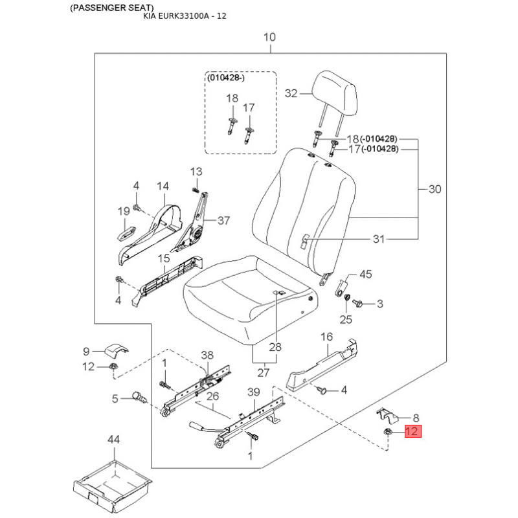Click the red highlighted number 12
tap(413, 431)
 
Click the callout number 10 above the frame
tap(269, 37)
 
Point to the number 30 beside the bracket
tap(434, 189)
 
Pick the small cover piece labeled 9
tap(117, 351)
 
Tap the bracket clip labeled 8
tap(387, 416)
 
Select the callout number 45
tap(366, 274)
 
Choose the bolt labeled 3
tap(357, 303)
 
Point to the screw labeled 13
tap(195, 190)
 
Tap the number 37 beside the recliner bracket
tap(223, 220)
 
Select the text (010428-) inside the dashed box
tap(226, 78)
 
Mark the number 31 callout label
tap(379, 239)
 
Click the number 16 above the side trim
tap(326, 337)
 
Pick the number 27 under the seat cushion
tap(264, 373)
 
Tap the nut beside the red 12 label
tap(388, 431)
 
